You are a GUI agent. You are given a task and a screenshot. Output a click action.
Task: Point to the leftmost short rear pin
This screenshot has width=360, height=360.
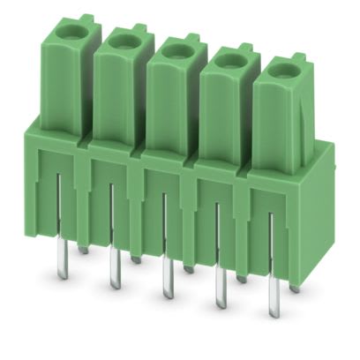(x=82, y=250)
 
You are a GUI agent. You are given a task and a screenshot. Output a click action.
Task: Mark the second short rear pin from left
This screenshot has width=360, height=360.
(x=135, y=259)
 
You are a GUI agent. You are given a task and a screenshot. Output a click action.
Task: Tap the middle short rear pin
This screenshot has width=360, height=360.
(x=188, y=268)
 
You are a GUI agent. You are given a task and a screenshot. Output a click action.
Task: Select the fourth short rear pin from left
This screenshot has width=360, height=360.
(x=241, y=278)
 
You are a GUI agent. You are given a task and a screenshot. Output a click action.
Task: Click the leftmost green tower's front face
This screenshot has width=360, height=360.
(x=64, y=84)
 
